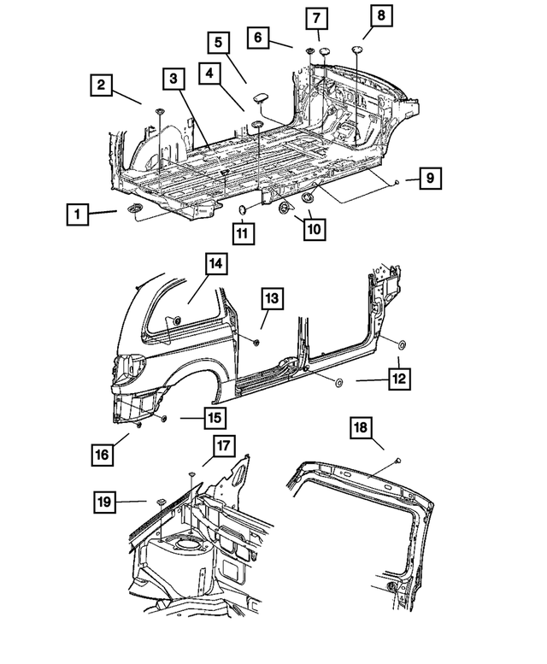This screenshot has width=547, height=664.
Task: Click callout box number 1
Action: point(79,214)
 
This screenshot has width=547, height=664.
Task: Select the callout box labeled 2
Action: point(102,85)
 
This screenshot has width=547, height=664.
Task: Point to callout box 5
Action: point(218,42)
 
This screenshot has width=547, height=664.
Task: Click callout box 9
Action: point(431,179)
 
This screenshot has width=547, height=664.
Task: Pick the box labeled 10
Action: point(313,229)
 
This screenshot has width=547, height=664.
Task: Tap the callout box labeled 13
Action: point(270,298)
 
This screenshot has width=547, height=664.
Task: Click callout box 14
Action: point(215,265)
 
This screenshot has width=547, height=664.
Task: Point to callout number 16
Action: point(102,455)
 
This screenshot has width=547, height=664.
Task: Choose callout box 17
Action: point(224,446)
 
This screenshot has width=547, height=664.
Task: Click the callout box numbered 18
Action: point(362,430)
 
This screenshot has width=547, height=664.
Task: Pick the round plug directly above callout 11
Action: point(243,209)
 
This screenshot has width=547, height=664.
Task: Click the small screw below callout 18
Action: point(399,461)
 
